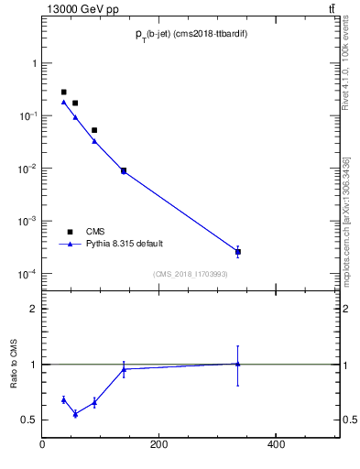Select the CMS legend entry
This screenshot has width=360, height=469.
tap(95, 232)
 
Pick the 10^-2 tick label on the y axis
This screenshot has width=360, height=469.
tap(26, 169)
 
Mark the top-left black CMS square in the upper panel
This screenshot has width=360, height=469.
tap(63, 93)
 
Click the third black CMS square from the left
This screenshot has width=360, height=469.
tap(94, 130)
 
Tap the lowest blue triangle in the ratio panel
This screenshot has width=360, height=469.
tap(75, 414)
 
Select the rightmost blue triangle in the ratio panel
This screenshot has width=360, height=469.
tap(238, 364)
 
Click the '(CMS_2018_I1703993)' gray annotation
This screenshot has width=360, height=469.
tap(191, 274)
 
